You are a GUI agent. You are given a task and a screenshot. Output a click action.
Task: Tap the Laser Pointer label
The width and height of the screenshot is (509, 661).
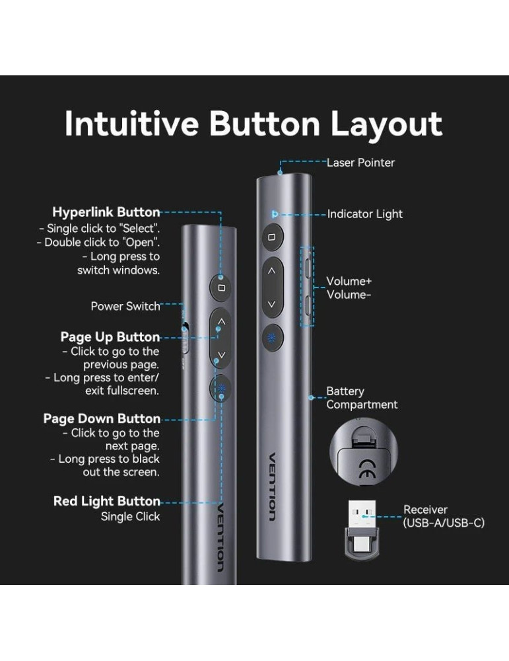[360, 163]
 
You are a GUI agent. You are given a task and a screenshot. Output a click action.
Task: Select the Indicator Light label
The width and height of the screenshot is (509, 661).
[365, 214]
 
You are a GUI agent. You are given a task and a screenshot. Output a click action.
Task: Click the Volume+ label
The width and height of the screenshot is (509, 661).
[349, 282]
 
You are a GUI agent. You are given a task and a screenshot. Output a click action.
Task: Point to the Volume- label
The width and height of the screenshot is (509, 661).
[349, 295]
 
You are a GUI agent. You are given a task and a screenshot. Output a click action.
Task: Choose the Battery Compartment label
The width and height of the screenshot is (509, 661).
[362, 398]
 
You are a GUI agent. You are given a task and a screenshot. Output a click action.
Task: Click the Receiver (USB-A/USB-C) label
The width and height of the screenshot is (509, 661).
[444, 516]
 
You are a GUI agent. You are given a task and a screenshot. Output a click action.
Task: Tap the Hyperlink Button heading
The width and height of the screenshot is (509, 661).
[106, 212]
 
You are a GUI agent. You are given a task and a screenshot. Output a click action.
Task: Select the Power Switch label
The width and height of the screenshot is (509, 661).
[125, 306]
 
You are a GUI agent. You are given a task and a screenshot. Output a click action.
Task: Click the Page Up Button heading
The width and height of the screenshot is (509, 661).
[110, 337]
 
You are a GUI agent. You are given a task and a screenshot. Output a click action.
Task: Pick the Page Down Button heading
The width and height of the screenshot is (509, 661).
[102, 418]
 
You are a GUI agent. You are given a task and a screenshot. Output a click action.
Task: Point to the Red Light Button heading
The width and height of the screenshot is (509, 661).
[107, 501]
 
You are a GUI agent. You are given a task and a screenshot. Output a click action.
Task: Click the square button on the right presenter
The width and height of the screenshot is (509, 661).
[271, 236]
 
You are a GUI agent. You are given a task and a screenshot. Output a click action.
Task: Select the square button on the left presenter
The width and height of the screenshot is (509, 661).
[221, 288]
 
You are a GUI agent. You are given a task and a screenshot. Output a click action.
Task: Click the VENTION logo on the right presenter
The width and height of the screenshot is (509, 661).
[273, 486]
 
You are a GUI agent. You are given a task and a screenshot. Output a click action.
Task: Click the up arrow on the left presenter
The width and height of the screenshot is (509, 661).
[221, 322]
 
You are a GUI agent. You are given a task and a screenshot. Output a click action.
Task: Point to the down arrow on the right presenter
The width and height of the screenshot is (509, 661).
[271, 305]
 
